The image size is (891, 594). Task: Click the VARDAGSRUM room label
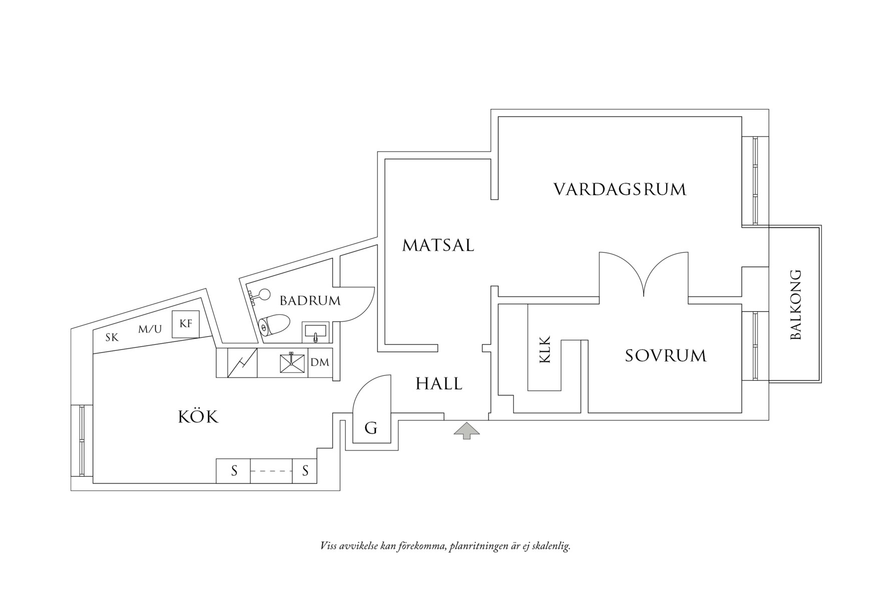(x=619, y=190)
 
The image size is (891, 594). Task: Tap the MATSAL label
(x=438, y=246)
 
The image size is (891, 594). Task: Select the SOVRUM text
(x=665, y=356)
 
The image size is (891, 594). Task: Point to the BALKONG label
(x=795, y=305)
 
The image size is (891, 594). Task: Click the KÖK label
(x=198, y=417)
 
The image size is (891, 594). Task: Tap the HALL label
(x=439, y=384)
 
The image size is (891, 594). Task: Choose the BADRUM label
(x=310, y=301)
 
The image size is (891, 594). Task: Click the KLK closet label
(x=545, y=349)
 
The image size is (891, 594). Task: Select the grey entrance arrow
(x=467, y=430)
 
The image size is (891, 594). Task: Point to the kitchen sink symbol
(x=292, y=363)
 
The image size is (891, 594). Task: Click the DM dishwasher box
(x=320, y=362)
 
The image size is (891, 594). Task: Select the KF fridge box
(x=186, y=324)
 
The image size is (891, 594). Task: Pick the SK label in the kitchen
(x=112, y=338)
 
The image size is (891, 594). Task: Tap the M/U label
(x=150, y=329)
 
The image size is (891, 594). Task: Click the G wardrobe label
(x=370, y=428)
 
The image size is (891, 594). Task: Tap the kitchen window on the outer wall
(x=82, y=440)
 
